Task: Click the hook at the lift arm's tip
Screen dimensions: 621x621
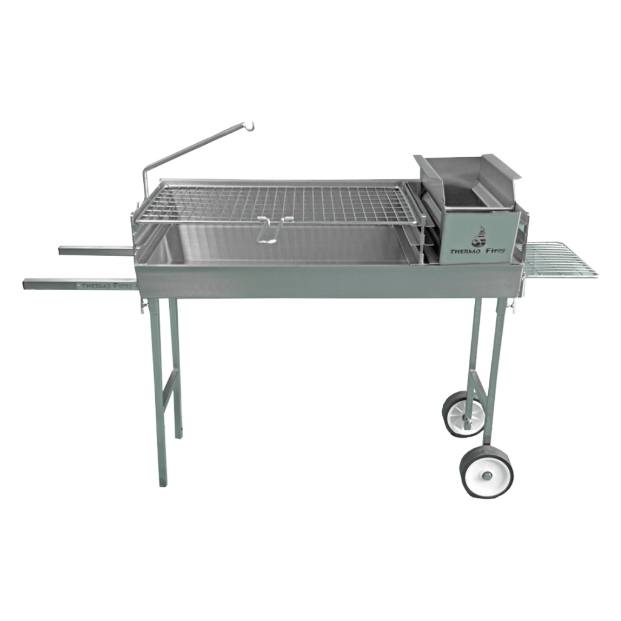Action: pyautogui.click(x=251, y=126)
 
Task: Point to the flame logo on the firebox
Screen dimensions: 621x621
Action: pyautogui.click(x=478, y=237)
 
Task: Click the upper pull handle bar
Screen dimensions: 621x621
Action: pyautogui.click(x=94, y=249)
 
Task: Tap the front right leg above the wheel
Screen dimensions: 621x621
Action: pyautogui.click(x=498, y=364)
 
